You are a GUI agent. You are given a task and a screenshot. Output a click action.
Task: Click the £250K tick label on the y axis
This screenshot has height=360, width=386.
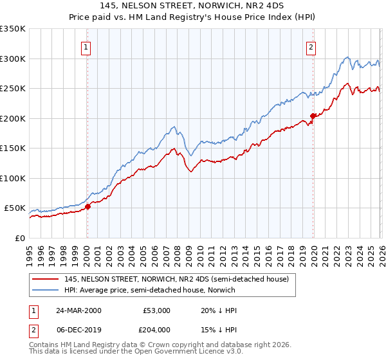pyautogui.click(x=13, y=88)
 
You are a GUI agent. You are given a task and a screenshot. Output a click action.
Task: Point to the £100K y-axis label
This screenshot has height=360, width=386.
pyautogui.click(x=13, y=178)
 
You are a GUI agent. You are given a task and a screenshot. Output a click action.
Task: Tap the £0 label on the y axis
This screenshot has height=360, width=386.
pyautogui.click(x=19, y=238)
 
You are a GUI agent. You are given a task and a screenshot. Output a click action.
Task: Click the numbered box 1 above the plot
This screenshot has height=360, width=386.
pyautogui.click(x=86, y=46)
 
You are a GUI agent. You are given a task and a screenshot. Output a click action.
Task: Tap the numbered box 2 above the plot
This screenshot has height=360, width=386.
pyautogui.click(x=311, y=46)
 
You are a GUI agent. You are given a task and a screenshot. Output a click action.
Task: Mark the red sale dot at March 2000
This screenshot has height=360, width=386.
pyautogui.click(x=88, y=206)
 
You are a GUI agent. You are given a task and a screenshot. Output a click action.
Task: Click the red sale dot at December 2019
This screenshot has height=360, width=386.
pyautogui.click(x=313, y=116)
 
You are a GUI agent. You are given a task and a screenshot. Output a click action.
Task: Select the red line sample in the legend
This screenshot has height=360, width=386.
pyautogui.click(x=46, y=279)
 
